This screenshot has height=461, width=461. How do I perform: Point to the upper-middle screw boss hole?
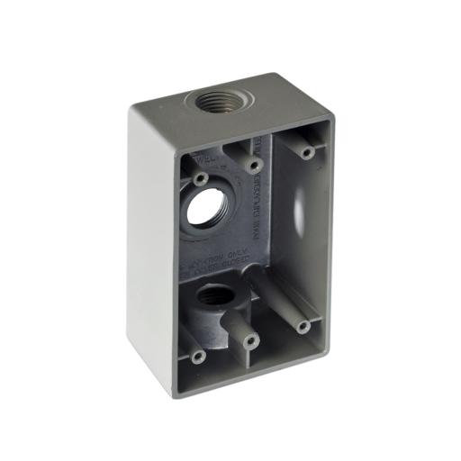coord(255,166)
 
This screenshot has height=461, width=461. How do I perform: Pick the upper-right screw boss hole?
coord(308,152)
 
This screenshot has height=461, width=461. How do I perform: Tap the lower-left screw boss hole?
coord(199,357)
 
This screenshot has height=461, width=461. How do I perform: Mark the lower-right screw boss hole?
coord(303,325)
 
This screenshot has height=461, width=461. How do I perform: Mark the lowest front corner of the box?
coord(170,393)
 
